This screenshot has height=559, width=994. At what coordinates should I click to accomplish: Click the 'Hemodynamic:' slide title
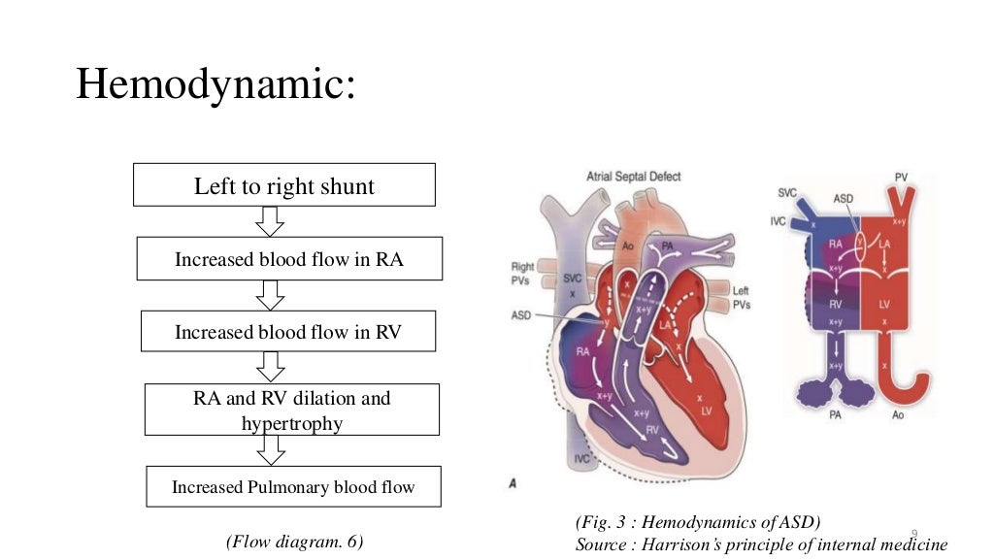click(216, 83)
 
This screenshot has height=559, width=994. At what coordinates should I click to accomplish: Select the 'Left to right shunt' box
click(283, 185)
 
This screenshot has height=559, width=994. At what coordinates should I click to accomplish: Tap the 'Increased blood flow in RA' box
click(289, 259)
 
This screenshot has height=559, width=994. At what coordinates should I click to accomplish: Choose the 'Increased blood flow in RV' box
click(288, 332)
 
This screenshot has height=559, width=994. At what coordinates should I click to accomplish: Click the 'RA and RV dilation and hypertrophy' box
click(292, 410)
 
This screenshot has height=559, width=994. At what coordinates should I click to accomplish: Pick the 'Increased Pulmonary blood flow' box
click(293, 486)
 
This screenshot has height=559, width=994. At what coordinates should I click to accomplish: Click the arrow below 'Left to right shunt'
click(270, 221)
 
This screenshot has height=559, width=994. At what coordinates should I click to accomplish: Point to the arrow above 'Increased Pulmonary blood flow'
click(273, 450)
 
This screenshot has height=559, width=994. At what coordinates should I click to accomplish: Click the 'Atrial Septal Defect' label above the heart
click(634, 177)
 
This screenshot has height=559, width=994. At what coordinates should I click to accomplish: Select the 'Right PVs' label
click(524, 273)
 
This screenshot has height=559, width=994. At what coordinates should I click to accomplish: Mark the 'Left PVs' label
click(741, 297)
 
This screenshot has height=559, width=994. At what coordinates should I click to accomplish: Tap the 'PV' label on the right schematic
click(901, 178)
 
